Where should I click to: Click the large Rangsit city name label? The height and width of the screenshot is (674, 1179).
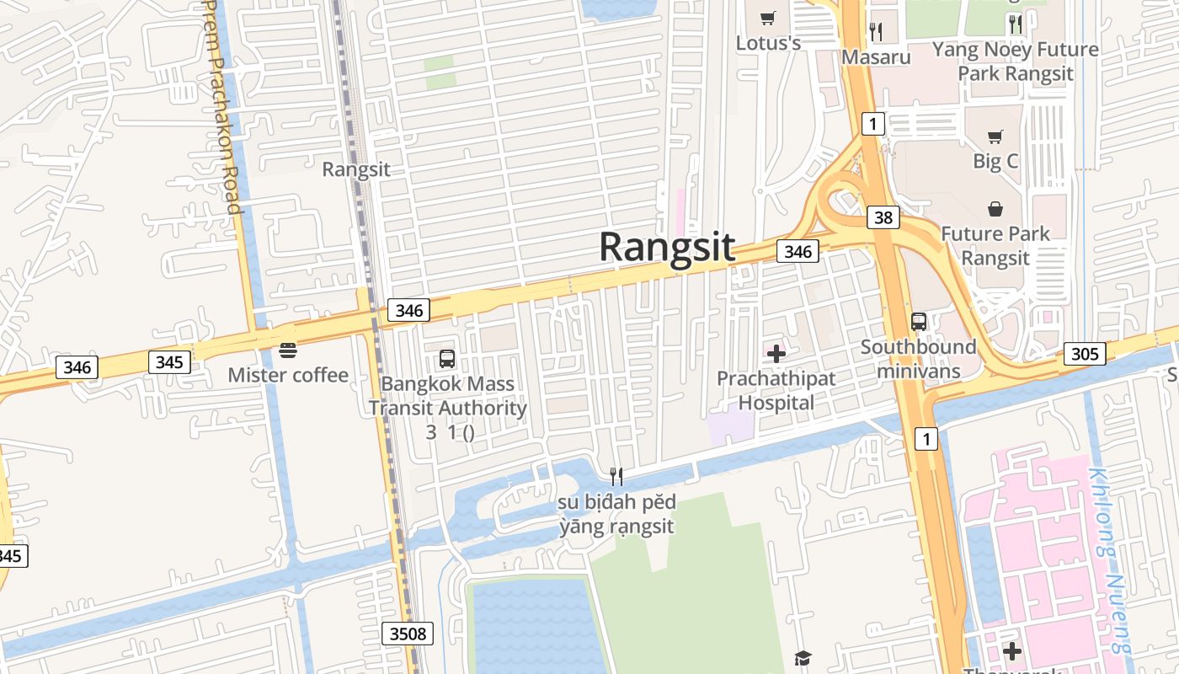tap(667, 248)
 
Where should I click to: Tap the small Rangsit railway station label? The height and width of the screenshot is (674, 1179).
tap(356, 169)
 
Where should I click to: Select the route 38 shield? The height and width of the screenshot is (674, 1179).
tap(883, 218)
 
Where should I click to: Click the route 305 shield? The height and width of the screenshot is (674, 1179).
tap(1085, 354)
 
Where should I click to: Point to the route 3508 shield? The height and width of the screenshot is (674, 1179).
tap(408, 633)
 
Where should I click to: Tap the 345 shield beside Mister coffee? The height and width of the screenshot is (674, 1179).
tap(169, 363)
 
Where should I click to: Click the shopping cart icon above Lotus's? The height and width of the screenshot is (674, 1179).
tap(767, 18)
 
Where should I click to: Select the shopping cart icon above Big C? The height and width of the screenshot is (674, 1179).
tap(995, 136)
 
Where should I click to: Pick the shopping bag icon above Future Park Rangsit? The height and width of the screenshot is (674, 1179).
tap(995, 208)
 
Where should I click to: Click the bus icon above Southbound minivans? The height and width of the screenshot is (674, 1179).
tap(919, 321)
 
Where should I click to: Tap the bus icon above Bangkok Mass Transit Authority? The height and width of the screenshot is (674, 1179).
tap(447, 359)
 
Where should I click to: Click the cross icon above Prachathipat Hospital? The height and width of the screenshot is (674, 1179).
tap(776, 353)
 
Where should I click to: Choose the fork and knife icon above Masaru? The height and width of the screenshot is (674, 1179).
tap(876, 32)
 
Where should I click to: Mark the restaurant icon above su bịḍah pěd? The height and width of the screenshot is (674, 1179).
tap(616, 477)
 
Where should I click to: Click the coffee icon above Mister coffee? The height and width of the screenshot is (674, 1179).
tap(288, 350)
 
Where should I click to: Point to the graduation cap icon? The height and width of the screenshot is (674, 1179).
tap(803, 658)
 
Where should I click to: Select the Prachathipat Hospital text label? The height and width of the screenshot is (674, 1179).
tap(776, 391)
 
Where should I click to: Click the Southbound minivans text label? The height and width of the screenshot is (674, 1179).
tap(918, 359)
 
